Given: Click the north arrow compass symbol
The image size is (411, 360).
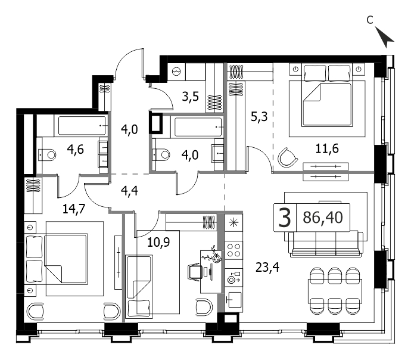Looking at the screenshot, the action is point(384,37).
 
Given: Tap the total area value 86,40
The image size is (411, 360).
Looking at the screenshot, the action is point(323,218).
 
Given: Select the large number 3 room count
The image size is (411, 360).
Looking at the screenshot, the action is point(285,218).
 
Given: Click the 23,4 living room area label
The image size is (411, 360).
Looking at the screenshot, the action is point(267,268).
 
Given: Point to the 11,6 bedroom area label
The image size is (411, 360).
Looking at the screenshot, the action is point(327,148).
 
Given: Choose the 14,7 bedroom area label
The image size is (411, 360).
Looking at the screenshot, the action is point(74,209).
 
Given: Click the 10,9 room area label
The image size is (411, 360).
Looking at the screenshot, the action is point(158,242).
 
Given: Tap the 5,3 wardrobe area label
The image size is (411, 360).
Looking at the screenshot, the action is point(259,117).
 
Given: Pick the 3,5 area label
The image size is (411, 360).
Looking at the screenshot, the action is point(191,97).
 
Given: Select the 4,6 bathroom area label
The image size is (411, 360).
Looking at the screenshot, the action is point(76,150).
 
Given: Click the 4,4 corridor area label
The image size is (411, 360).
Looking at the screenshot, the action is point(129,191).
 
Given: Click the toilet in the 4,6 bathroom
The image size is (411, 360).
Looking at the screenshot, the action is point(47,155).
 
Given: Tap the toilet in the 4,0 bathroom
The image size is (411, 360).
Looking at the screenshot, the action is point(161,154).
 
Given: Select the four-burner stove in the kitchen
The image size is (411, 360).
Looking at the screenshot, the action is point(234,250).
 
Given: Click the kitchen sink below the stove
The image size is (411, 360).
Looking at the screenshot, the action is point(234,300).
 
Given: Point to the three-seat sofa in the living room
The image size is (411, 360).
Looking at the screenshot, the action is point(326,244).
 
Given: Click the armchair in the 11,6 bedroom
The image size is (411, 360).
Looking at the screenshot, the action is point(287,157).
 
